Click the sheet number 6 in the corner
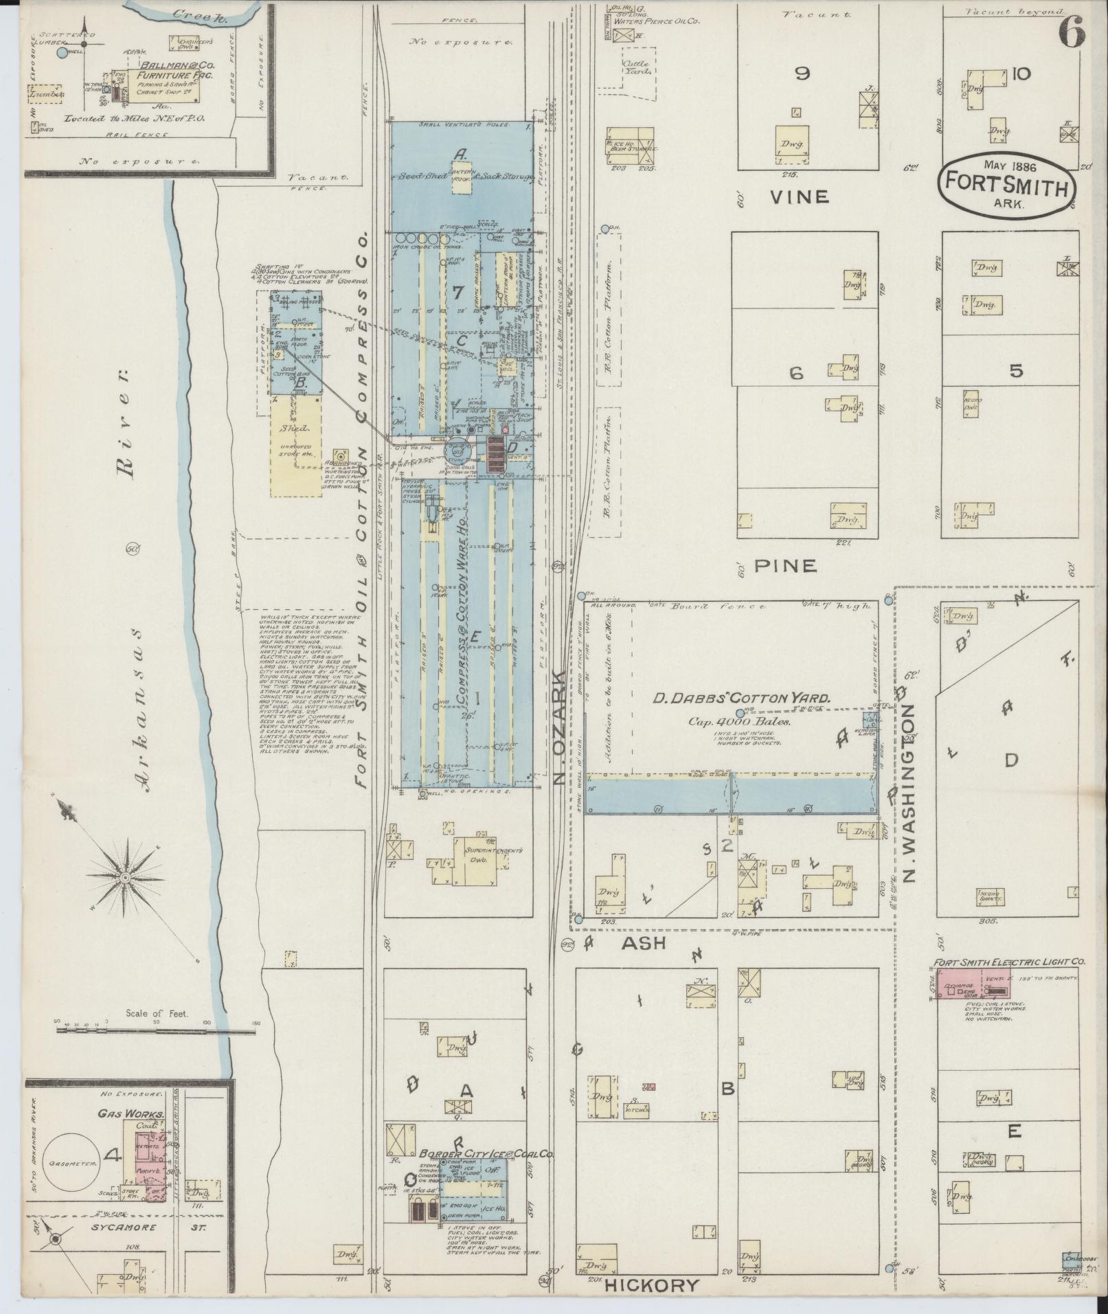click(1072, 32)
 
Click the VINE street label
click(799, 197)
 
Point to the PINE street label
click(786, 566)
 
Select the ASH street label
click(644, 942)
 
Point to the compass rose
click(126, 879)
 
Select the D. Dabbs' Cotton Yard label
click(742, 699)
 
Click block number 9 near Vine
click(802, 73)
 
